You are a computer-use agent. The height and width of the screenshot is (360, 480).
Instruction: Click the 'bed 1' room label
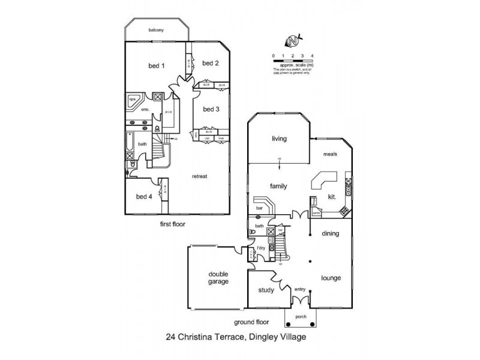[x=157, y=65]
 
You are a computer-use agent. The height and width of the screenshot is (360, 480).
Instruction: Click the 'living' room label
[x=279, y=139]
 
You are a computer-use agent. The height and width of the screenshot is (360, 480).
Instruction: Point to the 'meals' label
[x=331, y=154]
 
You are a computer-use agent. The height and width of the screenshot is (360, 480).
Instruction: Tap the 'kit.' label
[x=331, y=196]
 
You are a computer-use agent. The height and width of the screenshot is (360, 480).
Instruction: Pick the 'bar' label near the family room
[x=260, y=208]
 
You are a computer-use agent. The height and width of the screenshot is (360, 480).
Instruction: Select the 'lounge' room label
[x=331, y=278]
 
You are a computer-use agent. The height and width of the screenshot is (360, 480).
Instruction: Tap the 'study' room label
[x=266, y=290]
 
